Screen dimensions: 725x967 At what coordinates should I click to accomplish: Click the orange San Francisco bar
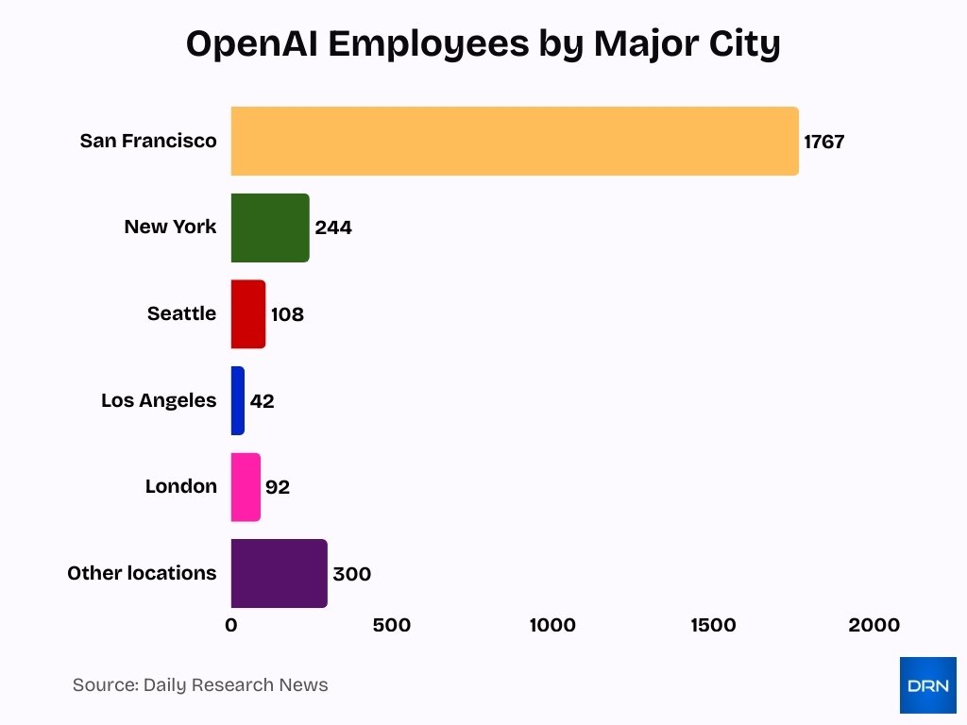(515, 142)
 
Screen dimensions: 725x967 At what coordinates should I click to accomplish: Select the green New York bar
(270, 228)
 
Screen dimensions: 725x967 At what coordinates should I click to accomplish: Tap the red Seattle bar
(248, 314)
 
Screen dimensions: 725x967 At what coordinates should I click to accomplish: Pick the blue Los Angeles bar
(238, 400)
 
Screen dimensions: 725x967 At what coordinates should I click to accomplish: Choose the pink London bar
(246, 487)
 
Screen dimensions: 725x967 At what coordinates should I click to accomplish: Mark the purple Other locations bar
(279, 574)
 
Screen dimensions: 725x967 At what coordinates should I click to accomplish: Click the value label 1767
(824, 143)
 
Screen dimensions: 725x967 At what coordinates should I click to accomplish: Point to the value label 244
(333, 228)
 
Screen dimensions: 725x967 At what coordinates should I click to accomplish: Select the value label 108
(287, 315)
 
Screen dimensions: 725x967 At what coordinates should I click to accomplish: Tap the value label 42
(262, 401)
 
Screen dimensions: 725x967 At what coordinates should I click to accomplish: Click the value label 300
(351, 575)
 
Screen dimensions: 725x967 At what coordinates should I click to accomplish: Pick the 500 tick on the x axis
(392, 626)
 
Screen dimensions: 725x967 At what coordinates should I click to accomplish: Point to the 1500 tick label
(713, 626)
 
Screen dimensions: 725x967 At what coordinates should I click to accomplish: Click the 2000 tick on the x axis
(874, 626)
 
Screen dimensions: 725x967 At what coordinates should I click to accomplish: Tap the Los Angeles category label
(159, 400)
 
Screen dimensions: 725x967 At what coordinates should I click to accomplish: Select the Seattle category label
(181, 313)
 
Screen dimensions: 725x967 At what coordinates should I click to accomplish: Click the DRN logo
(927, 685)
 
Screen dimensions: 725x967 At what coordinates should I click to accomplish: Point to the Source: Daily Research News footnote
(200, 685)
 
